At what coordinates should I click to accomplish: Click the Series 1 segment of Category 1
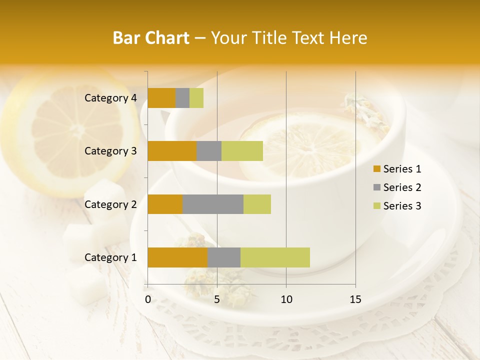[x=177, y=257]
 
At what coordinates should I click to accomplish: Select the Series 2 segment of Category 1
[x=224, y=257]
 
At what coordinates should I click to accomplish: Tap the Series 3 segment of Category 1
[x=275, y=257]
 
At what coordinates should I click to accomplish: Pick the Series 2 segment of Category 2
[x=213, y=204]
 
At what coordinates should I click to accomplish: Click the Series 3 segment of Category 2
[x=257, y=204]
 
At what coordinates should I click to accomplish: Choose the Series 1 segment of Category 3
[x=172, y=151]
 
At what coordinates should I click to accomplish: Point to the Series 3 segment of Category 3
[x=242, y=151]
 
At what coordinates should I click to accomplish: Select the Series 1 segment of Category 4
[x=161, y=98]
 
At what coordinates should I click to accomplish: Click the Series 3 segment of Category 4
[x=196, y=98]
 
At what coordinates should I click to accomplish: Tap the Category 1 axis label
[x=110, y=257]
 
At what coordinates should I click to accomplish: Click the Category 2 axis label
[x=110, y=204]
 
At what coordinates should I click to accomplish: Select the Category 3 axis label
[x=110, y=151]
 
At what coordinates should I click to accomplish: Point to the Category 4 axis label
[x=110, y=98]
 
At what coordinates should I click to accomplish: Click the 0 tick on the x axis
[x=148, y=299]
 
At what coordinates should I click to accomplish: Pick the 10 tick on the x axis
[x=286, y=299]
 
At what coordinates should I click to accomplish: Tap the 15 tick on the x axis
[x=355, y=299]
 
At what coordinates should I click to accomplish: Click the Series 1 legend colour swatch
[x=376, y=169]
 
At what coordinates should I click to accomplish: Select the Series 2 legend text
[x=402, y=187]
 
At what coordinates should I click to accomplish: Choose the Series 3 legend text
[x=402, y=206]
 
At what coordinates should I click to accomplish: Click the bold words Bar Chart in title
[x=151, y=38]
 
